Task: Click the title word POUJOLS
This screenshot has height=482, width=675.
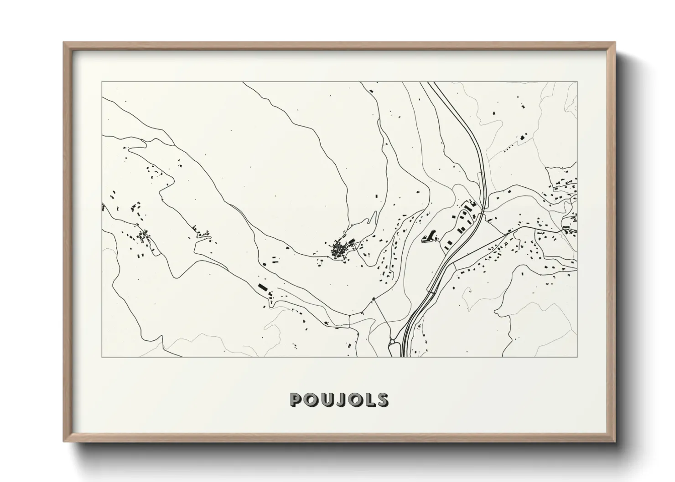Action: click(x=339, y=400)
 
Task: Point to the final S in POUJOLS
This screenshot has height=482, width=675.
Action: click(x=382, y=400)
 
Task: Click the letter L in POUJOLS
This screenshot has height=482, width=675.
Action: click(x=369, y=400)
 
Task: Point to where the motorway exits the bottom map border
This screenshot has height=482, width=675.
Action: click(x=403, y=356)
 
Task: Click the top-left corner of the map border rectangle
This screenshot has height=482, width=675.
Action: click(x=102, y=82)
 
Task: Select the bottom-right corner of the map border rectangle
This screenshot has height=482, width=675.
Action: click(x=577, y=357)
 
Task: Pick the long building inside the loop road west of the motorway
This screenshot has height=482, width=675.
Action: click(x=429, y=236)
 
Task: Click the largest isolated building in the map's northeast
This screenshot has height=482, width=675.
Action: click(x=522, y=137)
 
